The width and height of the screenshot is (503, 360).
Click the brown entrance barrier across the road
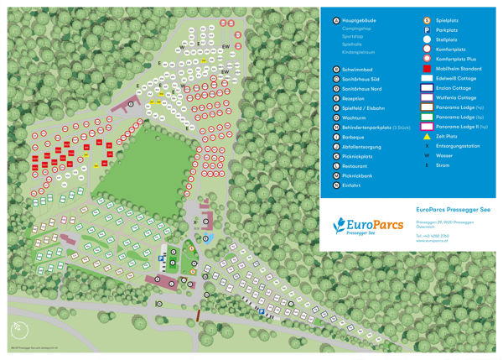coord(198,315)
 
